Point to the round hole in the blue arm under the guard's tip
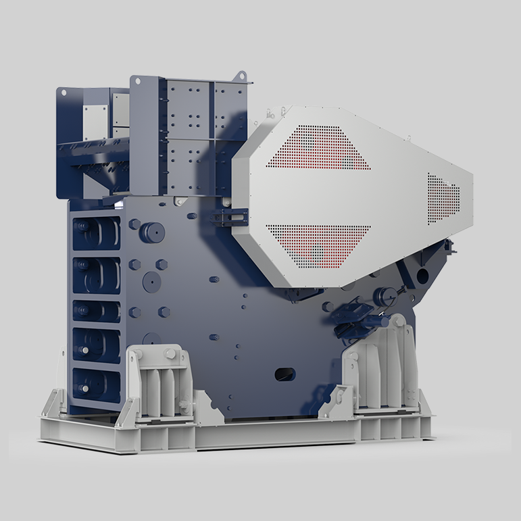pyautogui.click(x=423, y=276)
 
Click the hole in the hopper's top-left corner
pyautogui.click(x=62, y=93)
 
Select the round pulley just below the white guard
pyautogui.click(x=384, y=294)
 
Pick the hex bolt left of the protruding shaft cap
pyautogui.click(x=134, y=224)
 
